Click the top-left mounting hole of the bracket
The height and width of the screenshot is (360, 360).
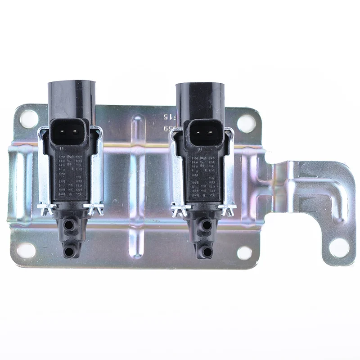[29, 119]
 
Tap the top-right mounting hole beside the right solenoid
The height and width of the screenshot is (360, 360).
[246, 123]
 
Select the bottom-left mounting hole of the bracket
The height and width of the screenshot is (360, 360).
[26, 250]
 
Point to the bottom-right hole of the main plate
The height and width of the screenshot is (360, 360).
[244, 253]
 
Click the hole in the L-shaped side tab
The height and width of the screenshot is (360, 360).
[339, 247]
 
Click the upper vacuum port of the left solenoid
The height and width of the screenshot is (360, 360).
[69, 224]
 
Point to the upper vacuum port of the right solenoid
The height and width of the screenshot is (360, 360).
[206, 225]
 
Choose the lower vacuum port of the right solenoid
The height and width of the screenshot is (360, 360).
[206, 252]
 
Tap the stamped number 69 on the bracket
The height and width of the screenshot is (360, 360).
[167, 129]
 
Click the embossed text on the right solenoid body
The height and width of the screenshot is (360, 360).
[203, 173]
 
